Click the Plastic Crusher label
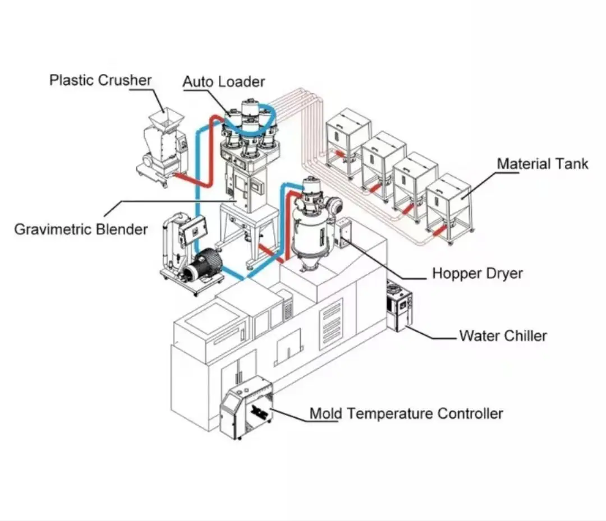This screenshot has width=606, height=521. [x=100, y=80]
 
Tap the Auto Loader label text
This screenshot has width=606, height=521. [x=223, y=82]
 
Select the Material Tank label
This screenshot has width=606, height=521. [x=543, y=164]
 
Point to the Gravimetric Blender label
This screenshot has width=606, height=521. [x=81, y=229]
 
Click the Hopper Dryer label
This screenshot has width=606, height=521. [x=477, y=274]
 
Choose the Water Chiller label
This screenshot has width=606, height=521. [x=503, y=336]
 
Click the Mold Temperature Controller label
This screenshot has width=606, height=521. [x=406, y=414]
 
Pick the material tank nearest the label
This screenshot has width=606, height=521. [x=449, y=205]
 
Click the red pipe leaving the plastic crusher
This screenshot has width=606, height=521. [x=191, y=181]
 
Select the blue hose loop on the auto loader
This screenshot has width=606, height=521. [x=247, y=125]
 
